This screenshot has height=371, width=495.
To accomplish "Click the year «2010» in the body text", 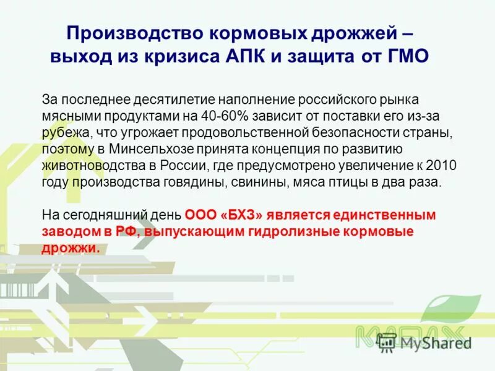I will tap(440, 166).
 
